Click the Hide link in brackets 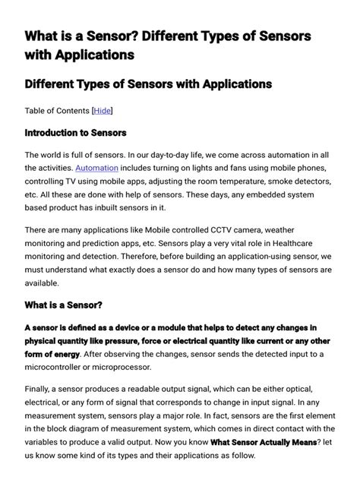tap(103, 111)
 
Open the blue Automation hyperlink tap(96, 167)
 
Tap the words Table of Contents tap(57, 111)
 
